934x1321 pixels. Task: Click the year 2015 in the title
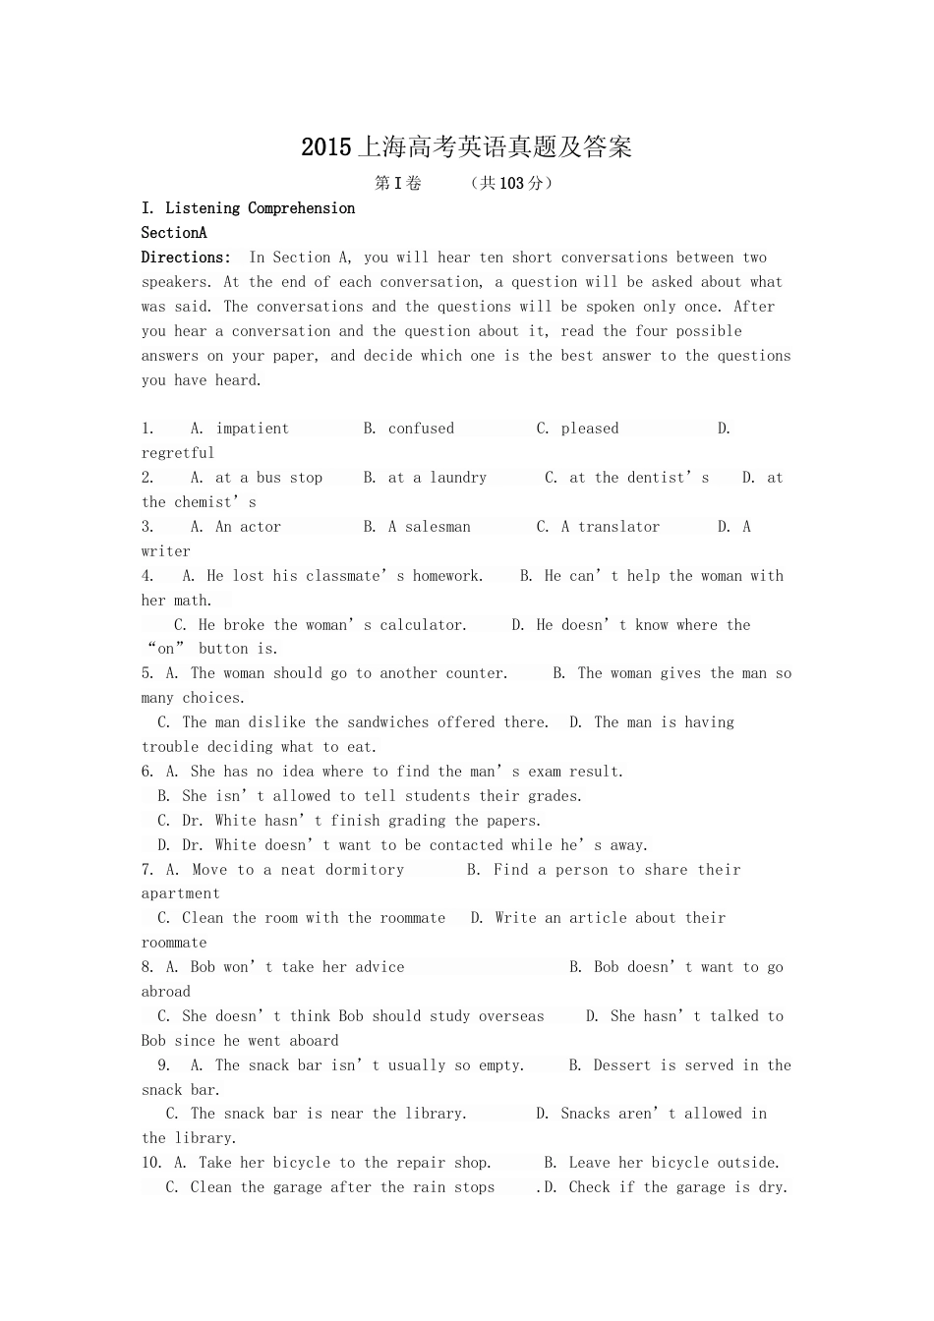(325, 147)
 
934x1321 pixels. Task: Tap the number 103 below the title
(512, 183)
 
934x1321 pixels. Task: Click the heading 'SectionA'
(174, 233)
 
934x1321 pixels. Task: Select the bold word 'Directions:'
(186, 258)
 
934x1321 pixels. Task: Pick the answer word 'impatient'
(253, 429)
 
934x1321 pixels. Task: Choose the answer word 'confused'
(421, 429)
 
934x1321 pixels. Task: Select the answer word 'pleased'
(590, 429)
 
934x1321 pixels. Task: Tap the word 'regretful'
(178, 453)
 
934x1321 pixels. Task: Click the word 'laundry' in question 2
(458, 478)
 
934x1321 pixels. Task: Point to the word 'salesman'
(438, 527)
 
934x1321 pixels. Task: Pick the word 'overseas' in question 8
(511, 1016)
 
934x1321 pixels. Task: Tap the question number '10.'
(152, 1163)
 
